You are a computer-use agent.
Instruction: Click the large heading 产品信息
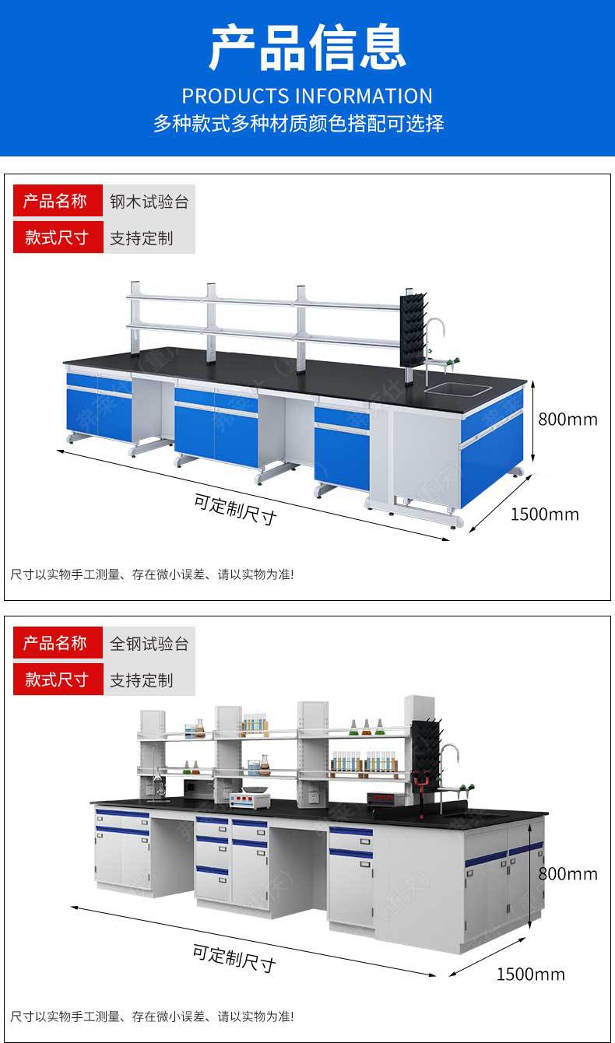tap(307, 48)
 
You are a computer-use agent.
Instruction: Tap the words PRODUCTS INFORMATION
tap(307, 96)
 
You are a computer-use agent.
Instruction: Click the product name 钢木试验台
tap(149, 202)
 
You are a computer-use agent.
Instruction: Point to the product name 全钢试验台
tap(149, 644)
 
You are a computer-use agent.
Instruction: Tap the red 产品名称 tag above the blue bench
tap(57, 202)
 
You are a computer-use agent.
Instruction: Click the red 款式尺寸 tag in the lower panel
tap(57, 680)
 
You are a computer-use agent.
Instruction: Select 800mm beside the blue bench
tap(568, 420)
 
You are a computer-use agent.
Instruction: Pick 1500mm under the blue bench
tap(545, 514)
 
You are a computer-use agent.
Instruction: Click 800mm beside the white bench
tap(568, 873)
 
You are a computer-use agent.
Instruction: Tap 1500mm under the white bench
tap(531, 974)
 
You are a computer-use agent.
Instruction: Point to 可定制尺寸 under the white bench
tap(234, 958)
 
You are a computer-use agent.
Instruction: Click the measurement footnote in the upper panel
tap(152, 574)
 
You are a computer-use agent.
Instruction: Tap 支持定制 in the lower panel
tap(141, 680)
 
